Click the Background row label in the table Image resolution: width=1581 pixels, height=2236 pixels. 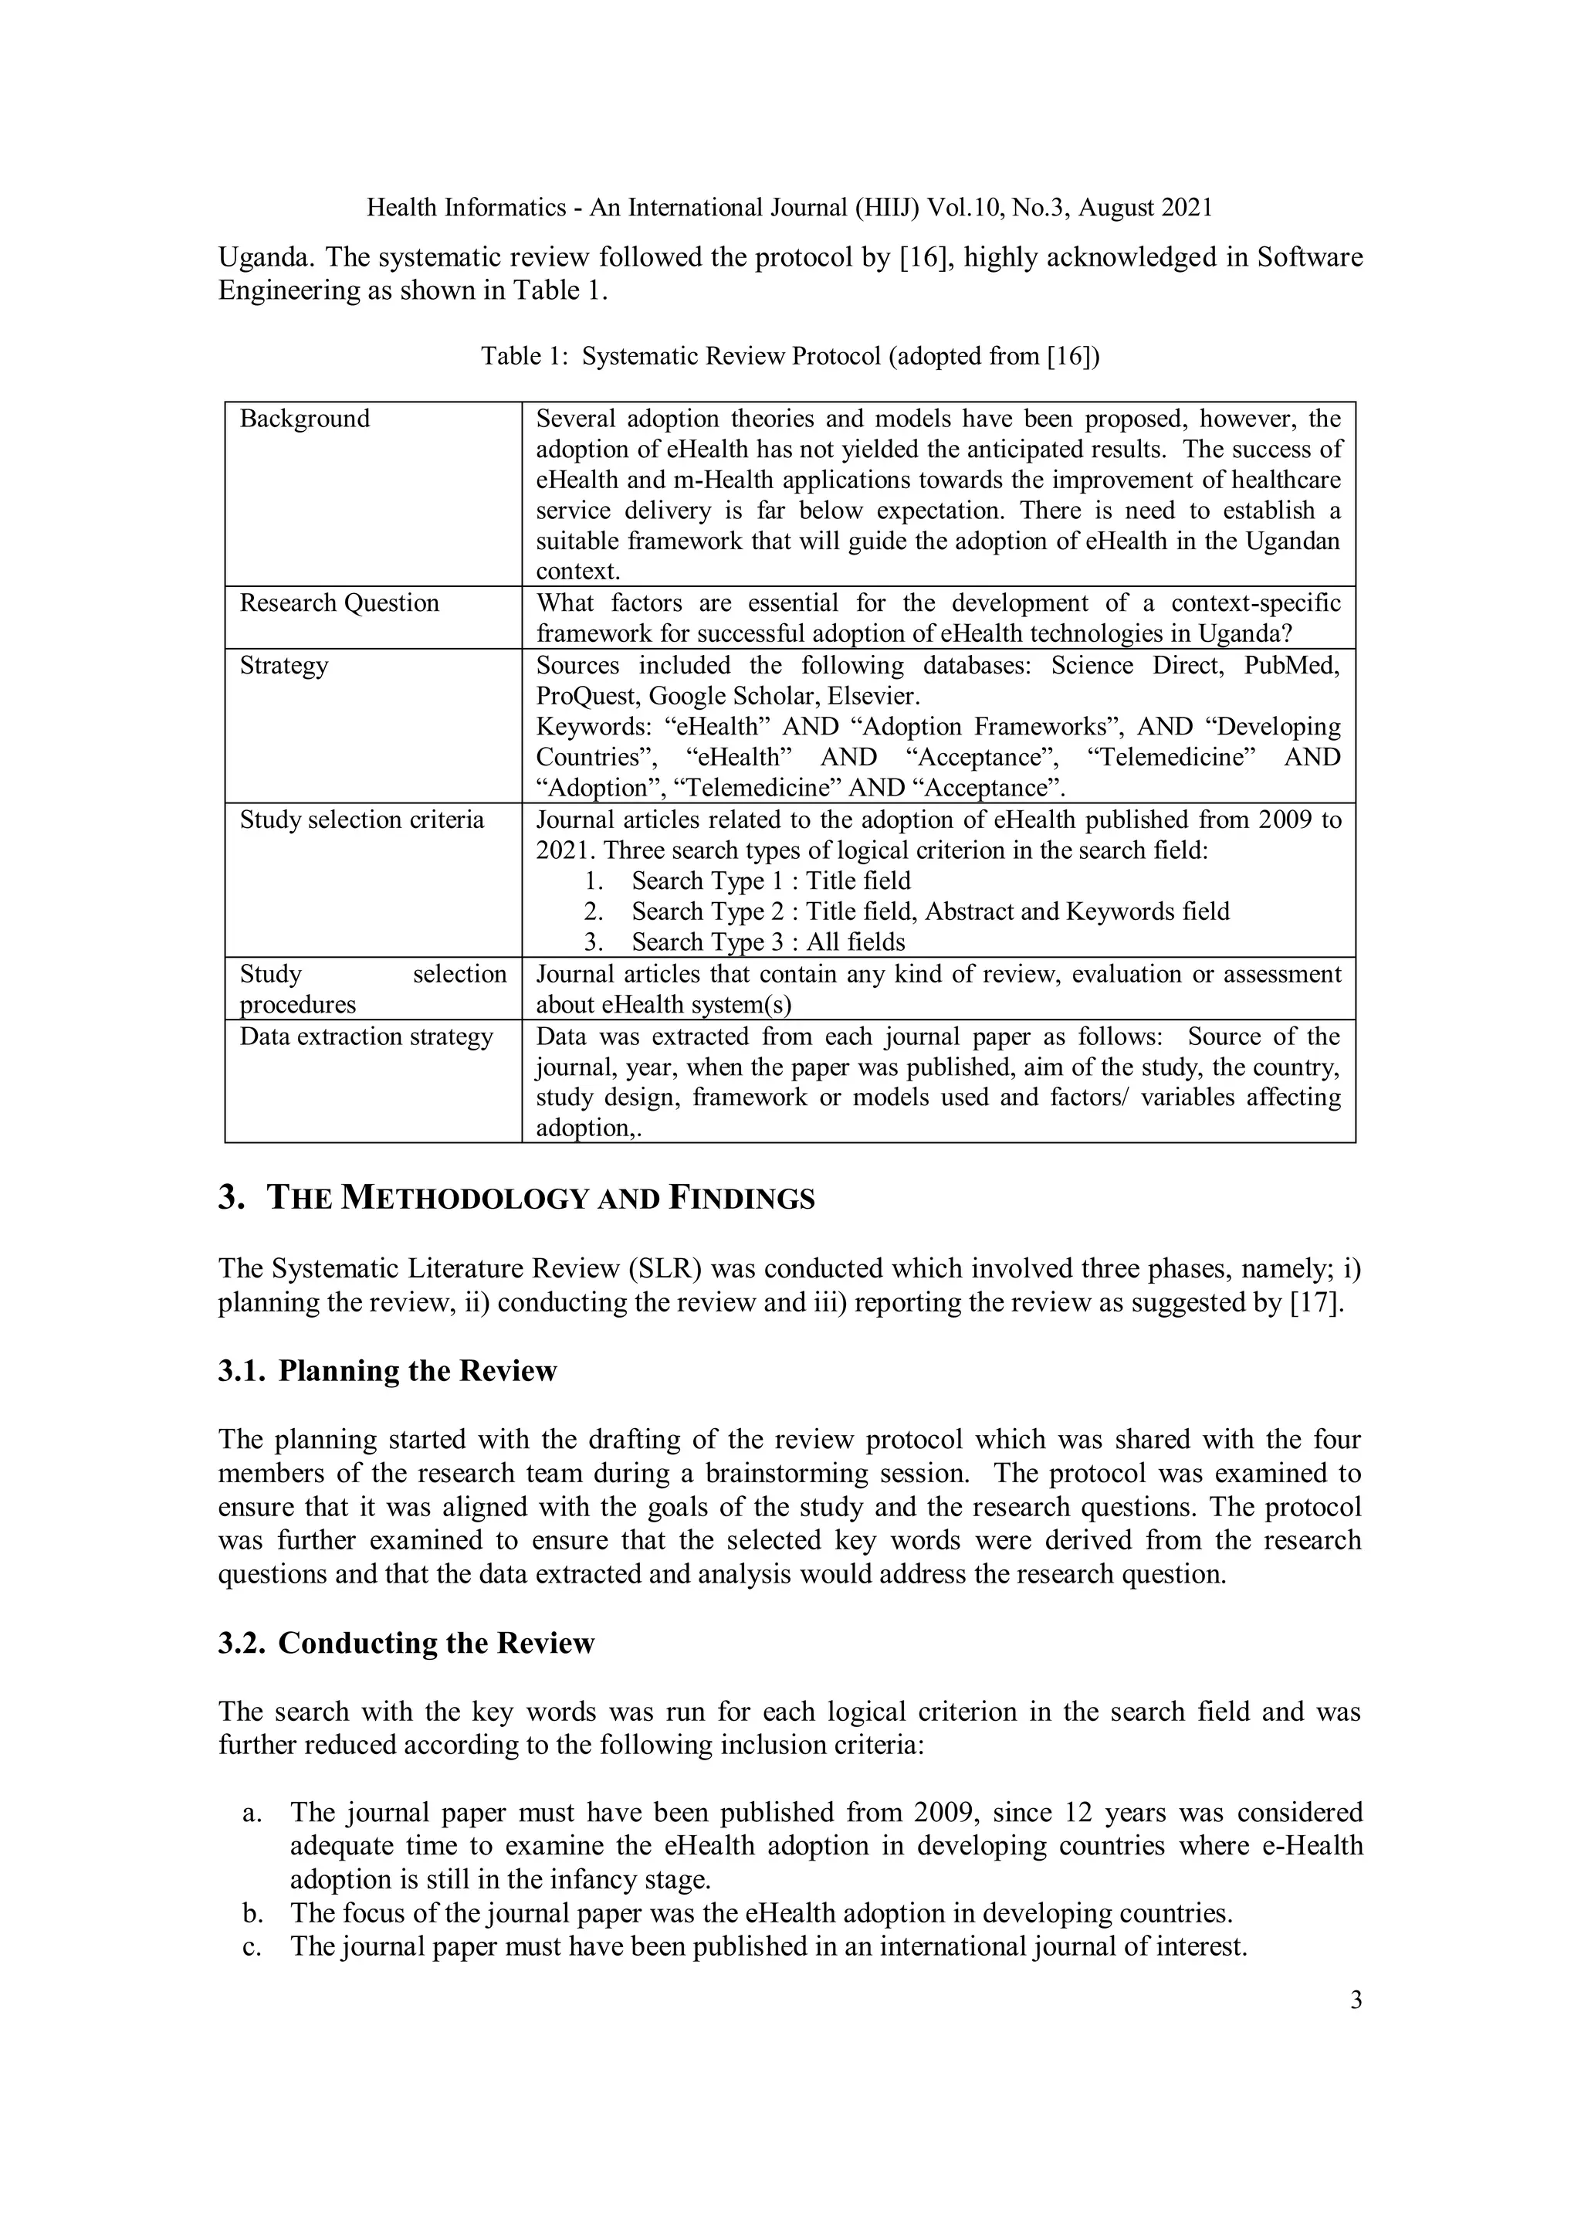tap(305, 419)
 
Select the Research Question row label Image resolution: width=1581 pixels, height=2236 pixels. tap(339, 602)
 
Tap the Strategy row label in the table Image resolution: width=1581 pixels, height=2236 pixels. tap(283, 665)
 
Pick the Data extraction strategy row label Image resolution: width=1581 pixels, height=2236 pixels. tap(366, 1037)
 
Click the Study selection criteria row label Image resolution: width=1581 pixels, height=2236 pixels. tap(361, 820)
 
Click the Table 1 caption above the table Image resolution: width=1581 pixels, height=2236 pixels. tap(790, 356)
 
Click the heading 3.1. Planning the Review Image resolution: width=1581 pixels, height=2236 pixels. tap(387, 1371)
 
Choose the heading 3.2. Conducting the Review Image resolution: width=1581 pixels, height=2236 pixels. tap(405, 1643)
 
